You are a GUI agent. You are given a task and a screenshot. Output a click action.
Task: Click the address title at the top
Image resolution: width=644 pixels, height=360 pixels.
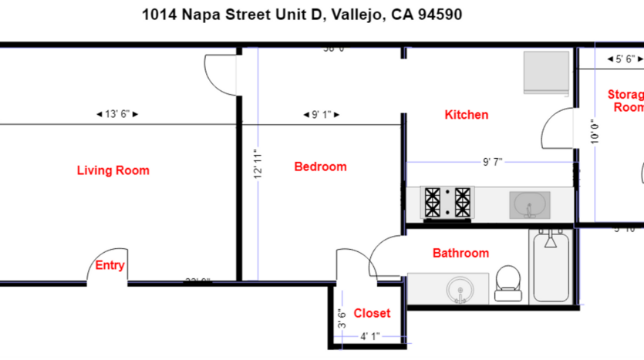[302, 15]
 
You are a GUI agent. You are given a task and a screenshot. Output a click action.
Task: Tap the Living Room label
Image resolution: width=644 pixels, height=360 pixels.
[113, 170]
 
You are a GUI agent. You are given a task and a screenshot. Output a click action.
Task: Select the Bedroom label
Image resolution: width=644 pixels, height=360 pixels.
[320, 167]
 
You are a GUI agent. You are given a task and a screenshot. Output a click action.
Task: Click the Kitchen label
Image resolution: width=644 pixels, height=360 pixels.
[466, 115]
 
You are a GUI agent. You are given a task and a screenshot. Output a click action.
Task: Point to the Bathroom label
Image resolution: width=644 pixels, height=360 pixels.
[460, 253]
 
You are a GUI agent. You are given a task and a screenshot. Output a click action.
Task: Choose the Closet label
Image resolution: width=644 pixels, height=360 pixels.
[372, 313]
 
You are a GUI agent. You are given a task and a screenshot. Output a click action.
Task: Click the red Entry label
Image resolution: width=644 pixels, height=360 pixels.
[110, 265]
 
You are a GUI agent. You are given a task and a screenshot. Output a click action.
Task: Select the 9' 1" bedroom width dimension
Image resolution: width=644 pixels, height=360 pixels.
[320, 115]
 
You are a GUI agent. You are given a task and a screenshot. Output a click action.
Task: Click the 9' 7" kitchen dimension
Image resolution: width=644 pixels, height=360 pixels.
[492, 162]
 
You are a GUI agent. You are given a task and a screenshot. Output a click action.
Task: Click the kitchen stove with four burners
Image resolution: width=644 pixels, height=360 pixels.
[447, 203]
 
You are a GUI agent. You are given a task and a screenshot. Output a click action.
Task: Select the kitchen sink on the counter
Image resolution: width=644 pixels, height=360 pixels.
[530, 204]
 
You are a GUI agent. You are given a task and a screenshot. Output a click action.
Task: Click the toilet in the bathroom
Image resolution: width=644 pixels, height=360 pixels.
[507, 282]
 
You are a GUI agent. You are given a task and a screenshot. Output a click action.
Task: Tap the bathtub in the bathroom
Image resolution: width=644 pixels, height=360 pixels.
[551, 267]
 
